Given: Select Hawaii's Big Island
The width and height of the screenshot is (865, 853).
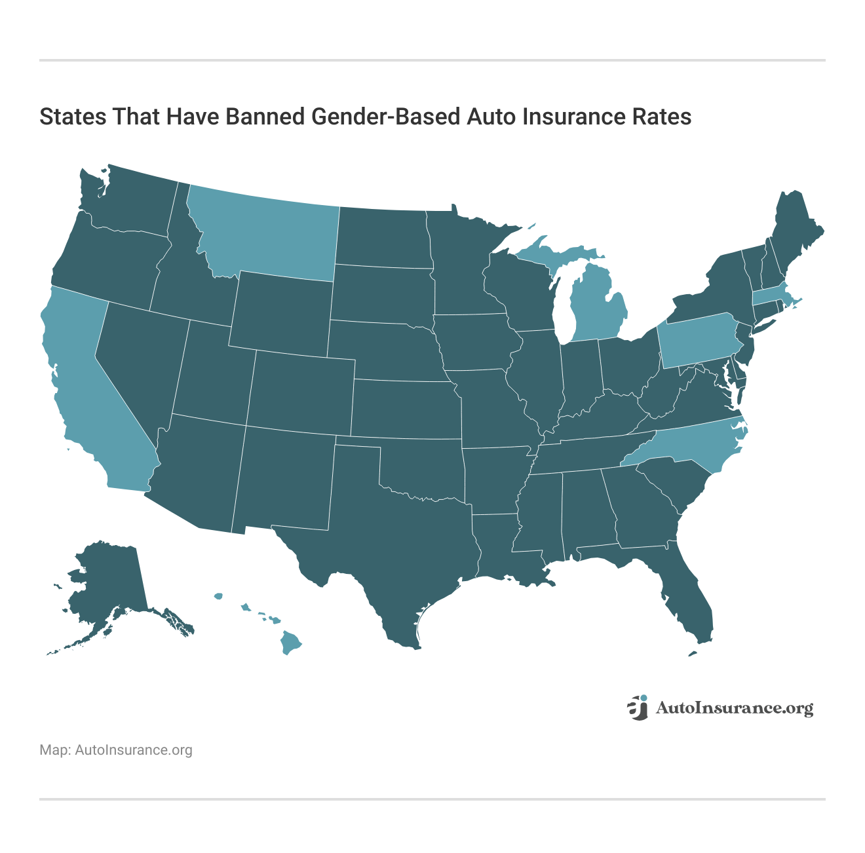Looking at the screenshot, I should tap(290, 643).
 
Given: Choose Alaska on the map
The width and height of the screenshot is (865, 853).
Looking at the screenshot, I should tap(108, 583).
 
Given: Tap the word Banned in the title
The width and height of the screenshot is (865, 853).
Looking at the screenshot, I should tap(265, 117).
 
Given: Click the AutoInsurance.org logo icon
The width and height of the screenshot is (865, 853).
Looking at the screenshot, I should tap(638, 708).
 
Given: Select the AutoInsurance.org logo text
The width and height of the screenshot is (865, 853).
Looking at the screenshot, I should tap(734, 708).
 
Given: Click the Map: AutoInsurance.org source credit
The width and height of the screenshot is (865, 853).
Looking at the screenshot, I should tap(116, 750).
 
